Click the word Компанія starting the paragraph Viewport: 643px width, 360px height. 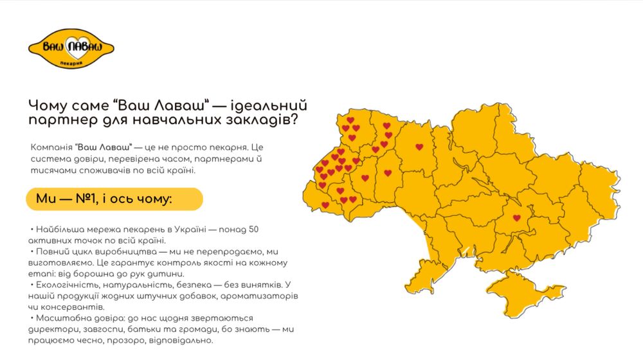pos(51,147)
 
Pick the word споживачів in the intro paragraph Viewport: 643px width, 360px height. pos(103,171)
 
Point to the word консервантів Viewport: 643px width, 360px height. pos(68,307)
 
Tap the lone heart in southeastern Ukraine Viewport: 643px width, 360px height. pos(517,218)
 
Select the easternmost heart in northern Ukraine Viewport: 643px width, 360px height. pos(419,147)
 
